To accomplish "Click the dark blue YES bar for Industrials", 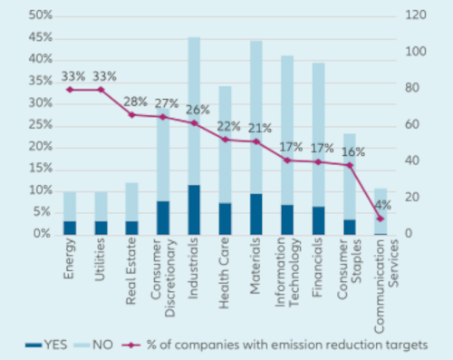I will tap(194, 209).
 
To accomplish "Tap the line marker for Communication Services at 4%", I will tap(381, 219).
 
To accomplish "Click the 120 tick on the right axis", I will tap(414, 15).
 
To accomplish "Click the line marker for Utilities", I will tap(101, 90).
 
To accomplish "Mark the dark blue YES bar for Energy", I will tap(70, 227).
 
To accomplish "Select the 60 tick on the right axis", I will tap(411, 125).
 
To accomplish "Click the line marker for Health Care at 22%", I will tap(225, 140).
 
